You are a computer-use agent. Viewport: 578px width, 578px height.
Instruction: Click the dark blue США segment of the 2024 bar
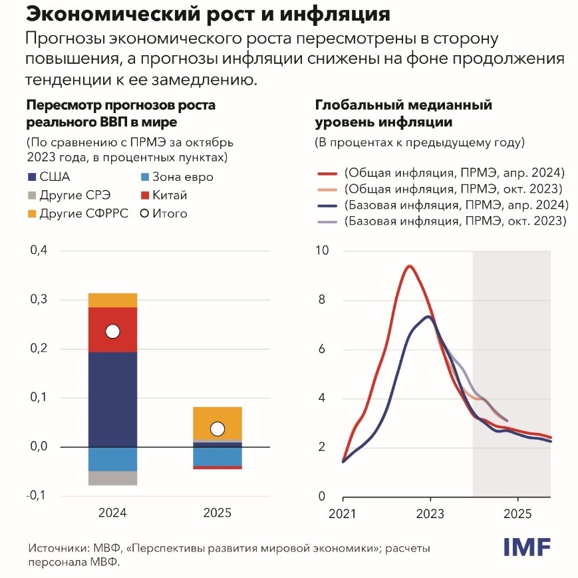112,399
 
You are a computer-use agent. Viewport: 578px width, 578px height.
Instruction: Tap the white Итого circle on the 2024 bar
112,331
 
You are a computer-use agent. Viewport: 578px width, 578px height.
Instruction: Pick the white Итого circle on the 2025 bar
217,429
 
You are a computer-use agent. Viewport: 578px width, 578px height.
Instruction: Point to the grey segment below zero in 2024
112,478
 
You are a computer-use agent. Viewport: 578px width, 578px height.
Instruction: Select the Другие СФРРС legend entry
67,214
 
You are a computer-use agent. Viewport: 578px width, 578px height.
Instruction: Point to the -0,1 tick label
36,496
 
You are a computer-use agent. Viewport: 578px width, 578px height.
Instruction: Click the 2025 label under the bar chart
217,513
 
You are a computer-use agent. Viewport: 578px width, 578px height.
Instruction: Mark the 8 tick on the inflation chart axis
323,300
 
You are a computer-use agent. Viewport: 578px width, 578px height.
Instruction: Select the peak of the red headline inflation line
410,267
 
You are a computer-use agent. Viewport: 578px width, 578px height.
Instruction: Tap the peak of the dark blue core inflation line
429,317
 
